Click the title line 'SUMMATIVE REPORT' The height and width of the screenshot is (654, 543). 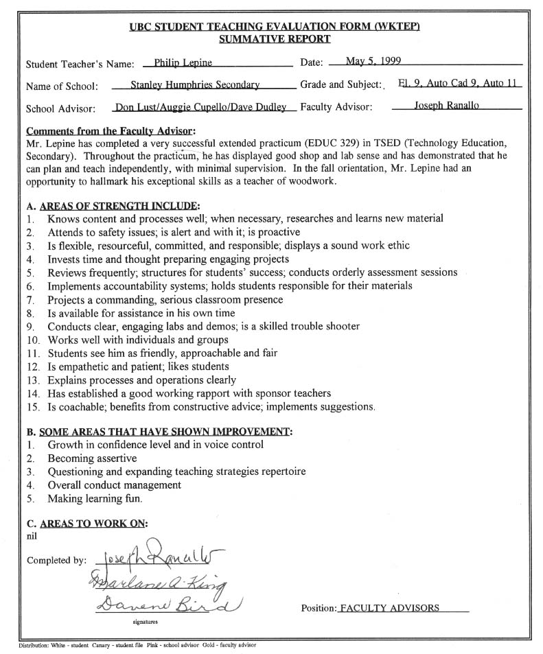(274, 39)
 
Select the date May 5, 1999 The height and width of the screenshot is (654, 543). (373, 62)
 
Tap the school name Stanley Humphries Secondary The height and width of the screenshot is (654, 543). (195, 86)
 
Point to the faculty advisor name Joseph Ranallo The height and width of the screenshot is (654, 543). (447, 106)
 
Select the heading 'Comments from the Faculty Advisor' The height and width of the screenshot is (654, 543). (110, 130)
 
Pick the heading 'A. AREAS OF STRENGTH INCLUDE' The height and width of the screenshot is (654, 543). (113, 206)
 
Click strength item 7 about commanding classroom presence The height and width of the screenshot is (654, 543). (165, 300)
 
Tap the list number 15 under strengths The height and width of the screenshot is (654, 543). (33, 407)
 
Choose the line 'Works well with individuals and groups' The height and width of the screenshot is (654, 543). (137, 340)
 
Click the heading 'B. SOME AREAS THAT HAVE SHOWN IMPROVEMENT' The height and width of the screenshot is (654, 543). (159, 432)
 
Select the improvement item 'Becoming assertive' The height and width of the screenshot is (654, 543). (92, 458)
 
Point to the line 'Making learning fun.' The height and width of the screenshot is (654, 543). (95, 499)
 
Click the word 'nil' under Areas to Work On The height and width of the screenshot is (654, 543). (32, 536)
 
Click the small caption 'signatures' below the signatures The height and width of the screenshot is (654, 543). (146, 623)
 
